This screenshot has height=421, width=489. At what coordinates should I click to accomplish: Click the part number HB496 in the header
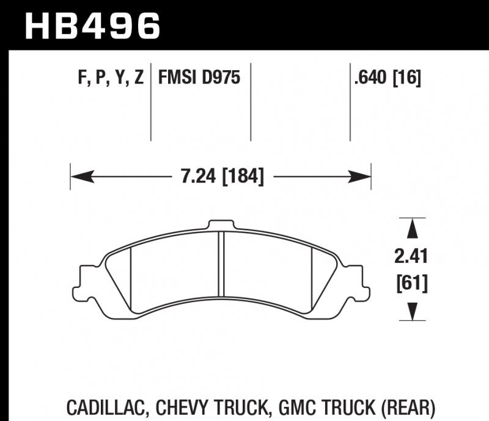[x=92, y=26]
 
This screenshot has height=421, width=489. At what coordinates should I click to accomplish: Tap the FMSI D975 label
[x=199, y=78]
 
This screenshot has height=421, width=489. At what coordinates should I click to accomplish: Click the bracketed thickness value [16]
[x=408, y=78]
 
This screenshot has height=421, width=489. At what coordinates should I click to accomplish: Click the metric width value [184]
[x=243, y=177]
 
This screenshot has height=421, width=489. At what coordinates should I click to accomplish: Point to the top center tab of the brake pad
[x=221, y=225]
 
